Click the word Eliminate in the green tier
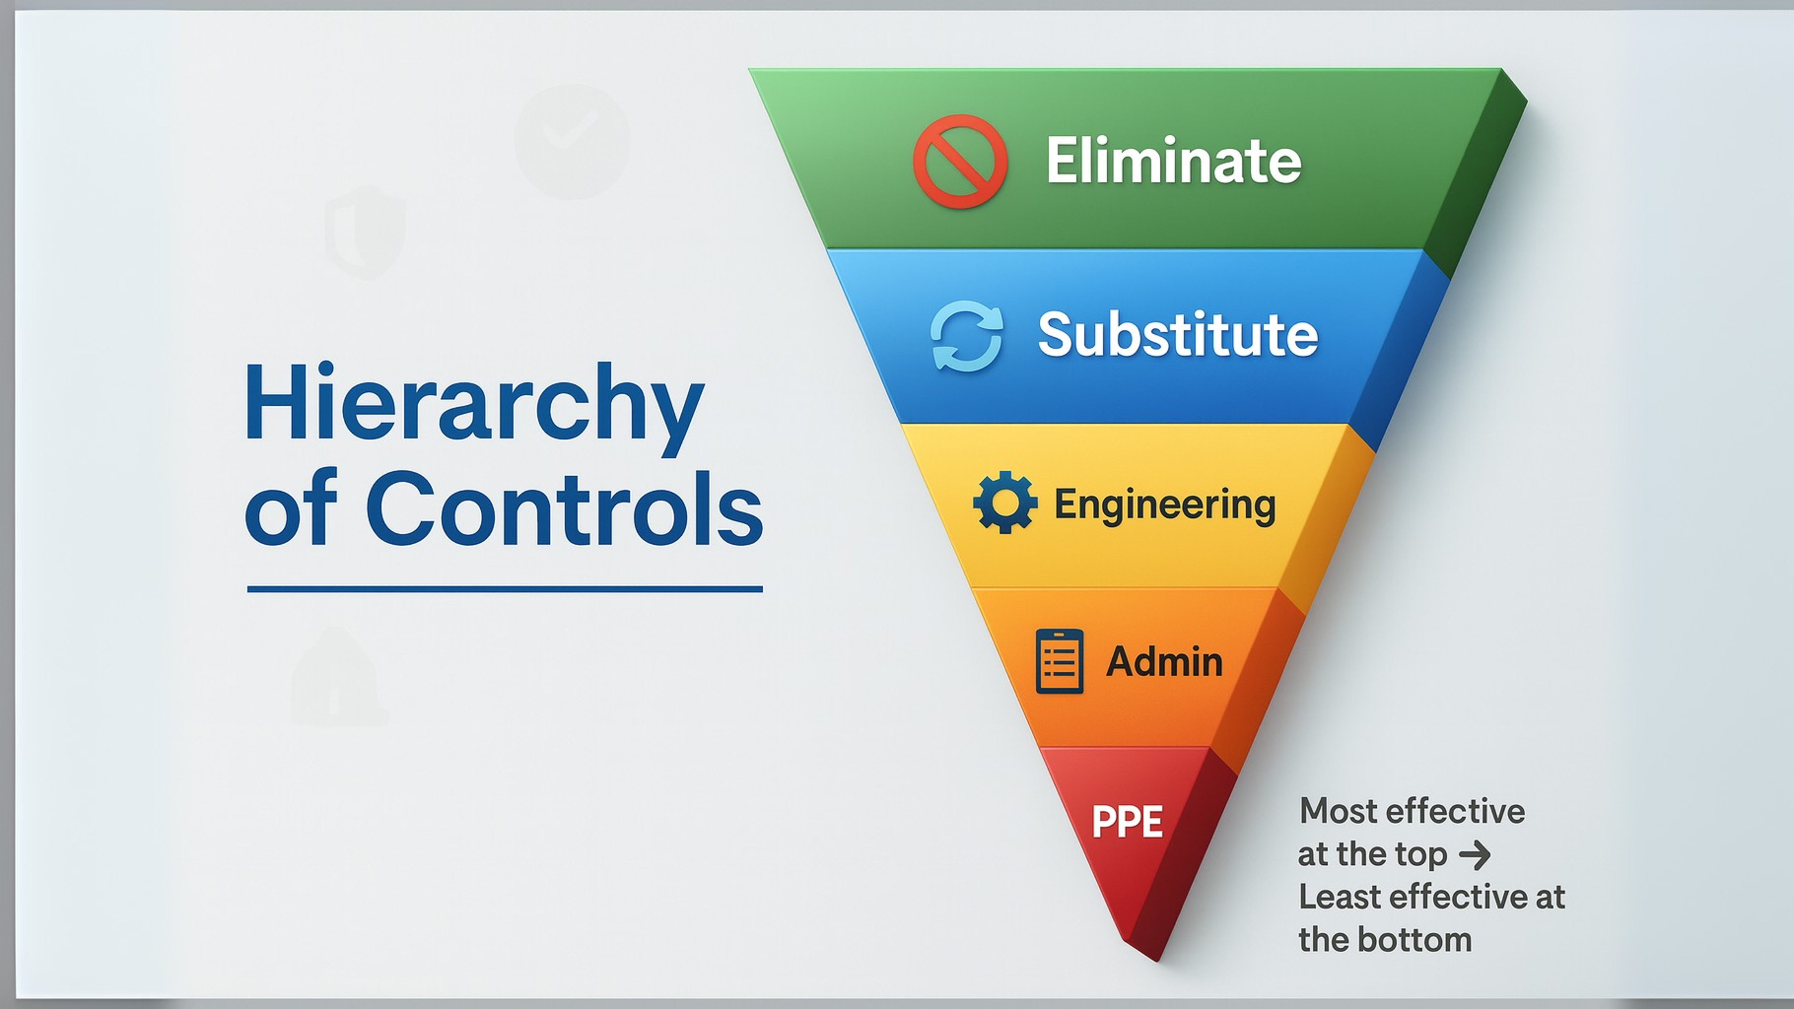(x=1173, y=161)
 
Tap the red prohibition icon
(x=960, y=161)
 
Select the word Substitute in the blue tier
(x=1178, y=334)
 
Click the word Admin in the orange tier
(x=1164, y=662)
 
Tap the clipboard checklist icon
(x=1059, y=661)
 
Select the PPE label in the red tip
(x=1127, y=822)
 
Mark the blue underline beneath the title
(x=505, y=589)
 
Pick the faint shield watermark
(x=365, y=232)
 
